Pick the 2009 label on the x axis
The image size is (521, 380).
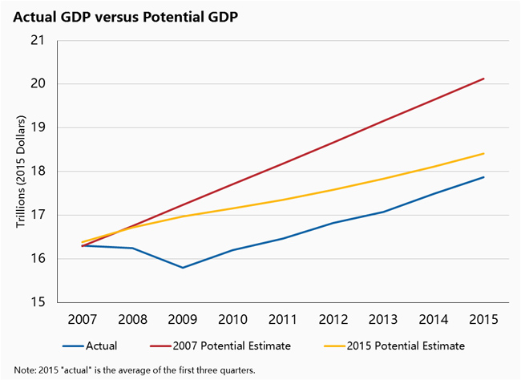pos(183,319)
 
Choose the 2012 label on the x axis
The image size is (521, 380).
pos(333,319)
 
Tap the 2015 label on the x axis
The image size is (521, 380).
pos(483,319)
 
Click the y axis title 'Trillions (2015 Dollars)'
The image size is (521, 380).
pos(20,172)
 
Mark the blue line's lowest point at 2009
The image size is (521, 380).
pos(183,268)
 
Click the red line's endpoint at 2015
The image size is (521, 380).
pos(483,79)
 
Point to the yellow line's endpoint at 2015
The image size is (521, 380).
pos(483,153)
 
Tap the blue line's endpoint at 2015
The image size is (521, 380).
pos(483,177)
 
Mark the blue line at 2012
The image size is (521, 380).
pos(333,223)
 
